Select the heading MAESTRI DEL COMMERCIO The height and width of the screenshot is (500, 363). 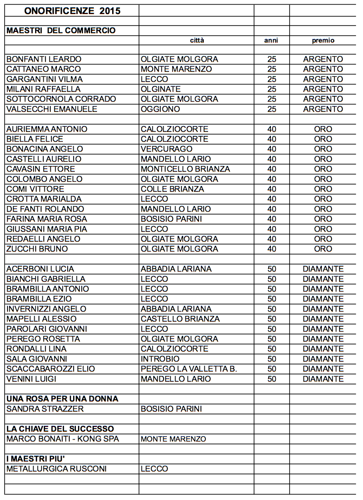(x=61, y=31)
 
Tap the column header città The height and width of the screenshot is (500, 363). (x=197, y=41)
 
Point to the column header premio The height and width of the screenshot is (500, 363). (x=323, y=41)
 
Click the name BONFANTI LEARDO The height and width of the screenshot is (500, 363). (x=44, y=59)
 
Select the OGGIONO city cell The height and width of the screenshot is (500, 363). (x=160, y=109)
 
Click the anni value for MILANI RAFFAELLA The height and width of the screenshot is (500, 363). (x=271, y=89)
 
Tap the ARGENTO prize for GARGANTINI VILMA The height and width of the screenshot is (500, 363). (x=323, y=79)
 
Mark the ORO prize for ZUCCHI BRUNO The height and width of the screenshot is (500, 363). (x=323, y=249)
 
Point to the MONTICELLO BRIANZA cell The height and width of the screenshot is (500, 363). (x=185, y=169)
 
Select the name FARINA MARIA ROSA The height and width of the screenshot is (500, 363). (x=47, y=219)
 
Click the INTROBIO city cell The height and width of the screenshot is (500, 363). (x=160, y=359)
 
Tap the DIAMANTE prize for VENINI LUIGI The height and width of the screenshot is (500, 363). (x=323, y=379)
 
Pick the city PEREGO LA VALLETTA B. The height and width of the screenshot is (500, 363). (x=189, y=369)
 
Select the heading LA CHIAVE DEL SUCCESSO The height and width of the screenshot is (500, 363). (x=60, y=429)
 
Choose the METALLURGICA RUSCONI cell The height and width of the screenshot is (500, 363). (x=56, y=469)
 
